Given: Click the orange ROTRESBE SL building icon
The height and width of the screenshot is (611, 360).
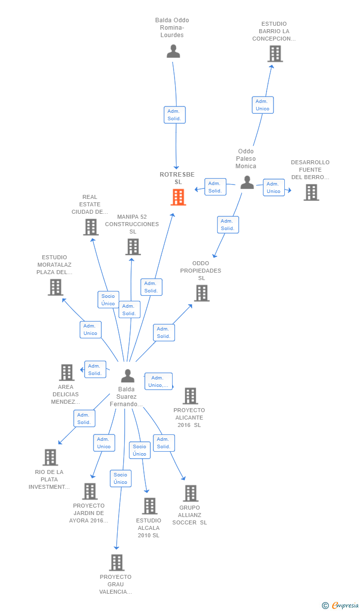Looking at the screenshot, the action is (x=179, y=197).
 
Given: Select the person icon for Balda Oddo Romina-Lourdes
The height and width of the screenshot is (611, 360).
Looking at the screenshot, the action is (x=173, y=51).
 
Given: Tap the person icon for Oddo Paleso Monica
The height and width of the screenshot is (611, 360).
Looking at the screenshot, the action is (x=247, y=182).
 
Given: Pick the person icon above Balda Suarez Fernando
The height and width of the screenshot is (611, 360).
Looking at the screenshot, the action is (x=128, y=376).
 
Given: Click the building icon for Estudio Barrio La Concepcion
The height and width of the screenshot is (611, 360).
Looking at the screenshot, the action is (x=275, y=54).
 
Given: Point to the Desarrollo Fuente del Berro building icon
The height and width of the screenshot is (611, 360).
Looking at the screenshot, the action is (x=311, y=192).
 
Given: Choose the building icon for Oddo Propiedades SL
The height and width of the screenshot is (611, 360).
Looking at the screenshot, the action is (x=202, y=293).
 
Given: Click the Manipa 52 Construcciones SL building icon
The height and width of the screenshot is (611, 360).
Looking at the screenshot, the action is (x=133, y=247).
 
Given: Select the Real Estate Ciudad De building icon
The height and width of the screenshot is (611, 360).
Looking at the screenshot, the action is (x=91, y=227).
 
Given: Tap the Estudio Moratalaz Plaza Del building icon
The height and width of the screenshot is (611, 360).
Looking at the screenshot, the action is (x=56, y=287).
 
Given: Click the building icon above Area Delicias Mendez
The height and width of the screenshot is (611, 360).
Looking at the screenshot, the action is (x=67, y=373).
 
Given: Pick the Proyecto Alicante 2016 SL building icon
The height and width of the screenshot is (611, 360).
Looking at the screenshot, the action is (x=190, y=396).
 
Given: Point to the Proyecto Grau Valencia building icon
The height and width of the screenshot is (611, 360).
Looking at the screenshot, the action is (x=117, y=563).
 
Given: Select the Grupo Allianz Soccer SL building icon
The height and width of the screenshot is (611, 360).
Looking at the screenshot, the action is (x=191, y=493).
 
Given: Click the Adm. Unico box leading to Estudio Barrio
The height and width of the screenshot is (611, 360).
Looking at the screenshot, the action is (x=263, y=105).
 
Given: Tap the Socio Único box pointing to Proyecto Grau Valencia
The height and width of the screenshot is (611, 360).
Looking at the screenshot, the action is (x=121, y=478).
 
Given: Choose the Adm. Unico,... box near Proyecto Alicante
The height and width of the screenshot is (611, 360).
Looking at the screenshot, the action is (x=158, y=381).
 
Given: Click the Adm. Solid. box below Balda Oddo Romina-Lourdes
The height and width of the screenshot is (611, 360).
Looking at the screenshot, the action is (x=175, y=115).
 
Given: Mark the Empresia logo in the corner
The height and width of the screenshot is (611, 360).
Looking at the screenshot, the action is (x=340, y=605).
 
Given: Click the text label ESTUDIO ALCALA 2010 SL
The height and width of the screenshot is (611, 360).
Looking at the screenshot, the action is (x=149, y=528).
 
